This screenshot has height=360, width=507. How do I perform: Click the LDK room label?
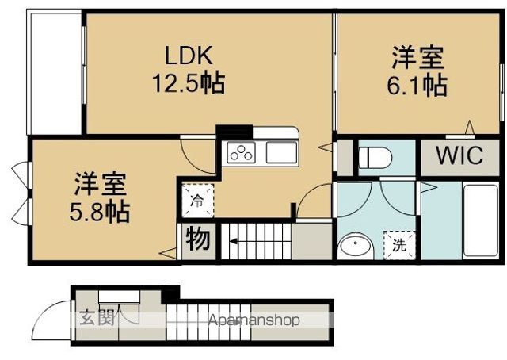click(x=189, y=56)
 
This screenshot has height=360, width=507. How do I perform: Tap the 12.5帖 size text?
click(x=189, y=83)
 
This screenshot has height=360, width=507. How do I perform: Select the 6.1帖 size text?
click(x=417, y=86)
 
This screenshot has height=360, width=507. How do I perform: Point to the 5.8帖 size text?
click(x=100, y=212)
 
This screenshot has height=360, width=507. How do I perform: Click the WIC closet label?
click(x=459, y=155)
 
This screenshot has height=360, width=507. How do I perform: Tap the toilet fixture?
click(x=375, y=158)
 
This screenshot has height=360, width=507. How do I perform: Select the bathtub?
click(x=481, y=220)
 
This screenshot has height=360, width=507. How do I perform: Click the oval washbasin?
click(x=356, y=246)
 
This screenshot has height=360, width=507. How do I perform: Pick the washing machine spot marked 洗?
click(x=399, y=245)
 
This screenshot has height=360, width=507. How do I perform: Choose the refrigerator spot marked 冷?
click(x=197, y=201)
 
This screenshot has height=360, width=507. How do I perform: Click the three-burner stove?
click(x=241, y=153)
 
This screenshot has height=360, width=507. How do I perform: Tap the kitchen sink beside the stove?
click(x=281, y=153)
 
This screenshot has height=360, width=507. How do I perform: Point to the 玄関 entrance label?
click(x=97, y=318)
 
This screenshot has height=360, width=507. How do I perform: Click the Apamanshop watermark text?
click(x=254, y=320)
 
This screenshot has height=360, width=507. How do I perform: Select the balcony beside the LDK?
click(x=55, y=74)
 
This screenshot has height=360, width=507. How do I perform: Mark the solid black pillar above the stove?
click(x=234, y=132)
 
